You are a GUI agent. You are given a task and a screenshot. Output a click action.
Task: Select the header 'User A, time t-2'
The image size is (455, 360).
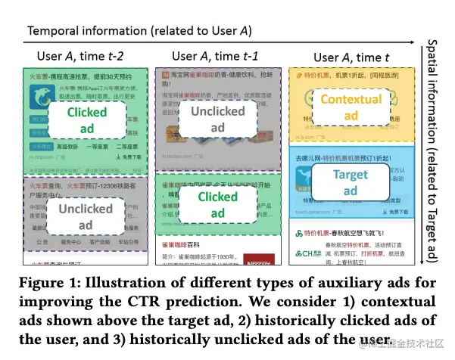82,57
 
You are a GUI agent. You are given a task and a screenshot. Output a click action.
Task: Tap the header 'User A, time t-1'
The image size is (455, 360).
217,57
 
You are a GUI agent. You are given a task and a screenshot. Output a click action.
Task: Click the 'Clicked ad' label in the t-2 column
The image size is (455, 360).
87,120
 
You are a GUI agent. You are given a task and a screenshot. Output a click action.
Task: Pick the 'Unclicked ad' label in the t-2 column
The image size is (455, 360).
86,216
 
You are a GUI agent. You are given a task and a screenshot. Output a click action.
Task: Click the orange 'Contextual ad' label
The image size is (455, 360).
351,107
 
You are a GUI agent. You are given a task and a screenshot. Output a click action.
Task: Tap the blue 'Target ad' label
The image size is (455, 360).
351,184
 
